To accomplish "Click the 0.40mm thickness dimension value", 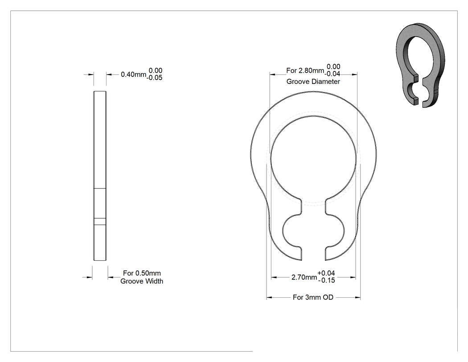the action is pos(133,75).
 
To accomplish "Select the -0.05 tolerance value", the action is pos(154,78).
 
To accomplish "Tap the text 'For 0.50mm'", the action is pos(142,273).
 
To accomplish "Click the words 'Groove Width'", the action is pos(142,281).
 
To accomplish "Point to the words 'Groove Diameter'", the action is pos(313,82).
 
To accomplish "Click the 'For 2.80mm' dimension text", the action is pos(305,71).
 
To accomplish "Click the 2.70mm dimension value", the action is pos(304,277).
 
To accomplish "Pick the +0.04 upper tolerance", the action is pos(326,273).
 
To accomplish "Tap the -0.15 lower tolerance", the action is pos(327,280).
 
